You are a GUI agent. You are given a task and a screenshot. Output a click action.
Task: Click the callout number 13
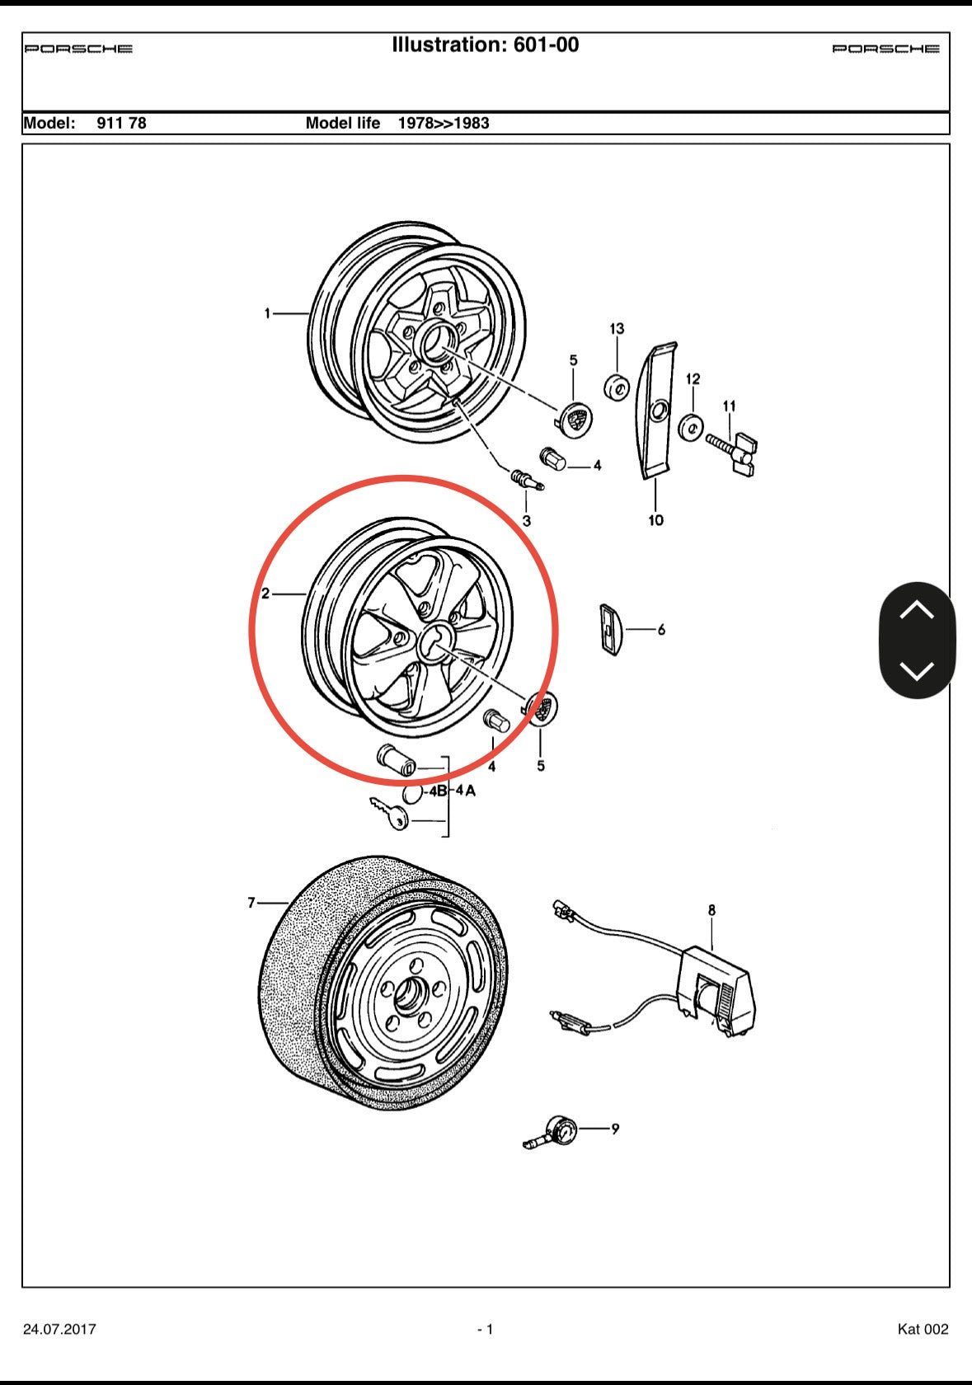[x=617, y=329]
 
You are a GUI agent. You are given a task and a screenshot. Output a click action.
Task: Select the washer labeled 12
[x=691, y=428]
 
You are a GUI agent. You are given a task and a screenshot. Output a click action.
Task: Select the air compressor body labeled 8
[x=713, y=988]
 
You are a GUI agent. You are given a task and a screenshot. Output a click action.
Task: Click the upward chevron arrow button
[x=917, y=611]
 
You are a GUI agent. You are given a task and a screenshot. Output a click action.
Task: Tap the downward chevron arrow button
[x=917, y=670]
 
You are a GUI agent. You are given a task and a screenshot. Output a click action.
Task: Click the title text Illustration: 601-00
[x=485, y=45]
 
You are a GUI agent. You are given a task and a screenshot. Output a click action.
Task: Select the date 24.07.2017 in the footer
[x=59, y=1329]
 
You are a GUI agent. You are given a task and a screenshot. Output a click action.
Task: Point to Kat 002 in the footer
[x=923, y=1329]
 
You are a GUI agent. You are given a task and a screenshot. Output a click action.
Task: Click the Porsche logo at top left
[x=78, y=49]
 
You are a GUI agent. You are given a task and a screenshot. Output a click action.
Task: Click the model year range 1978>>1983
[x=444, y=124]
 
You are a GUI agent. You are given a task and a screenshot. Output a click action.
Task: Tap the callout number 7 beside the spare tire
[x=251, y=903]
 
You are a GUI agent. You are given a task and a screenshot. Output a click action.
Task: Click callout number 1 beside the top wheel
[x=267, y=313]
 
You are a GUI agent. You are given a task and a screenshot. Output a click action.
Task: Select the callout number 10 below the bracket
[x=655, y=520]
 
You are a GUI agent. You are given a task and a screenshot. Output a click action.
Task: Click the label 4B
[x=436, y=791]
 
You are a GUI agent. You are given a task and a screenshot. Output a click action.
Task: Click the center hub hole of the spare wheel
[x=406, y=998]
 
